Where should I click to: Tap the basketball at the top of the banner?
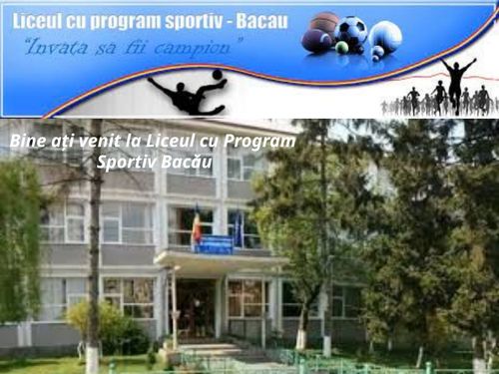[324, 22]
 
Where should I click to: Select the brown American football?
[316, 42]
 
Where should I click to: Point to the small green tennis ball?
[341, 47]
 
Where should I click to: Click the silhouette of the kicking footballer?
[187, 92]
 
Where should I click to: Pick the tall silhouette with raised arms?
[457, 83]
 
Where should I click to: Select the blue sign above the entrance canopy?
[214, 244]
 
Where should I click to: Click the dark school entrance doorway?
[196, 307]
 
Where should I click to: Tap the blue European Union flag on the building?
[238, 229]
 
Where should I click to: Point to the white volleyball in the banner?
[384, 37]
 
